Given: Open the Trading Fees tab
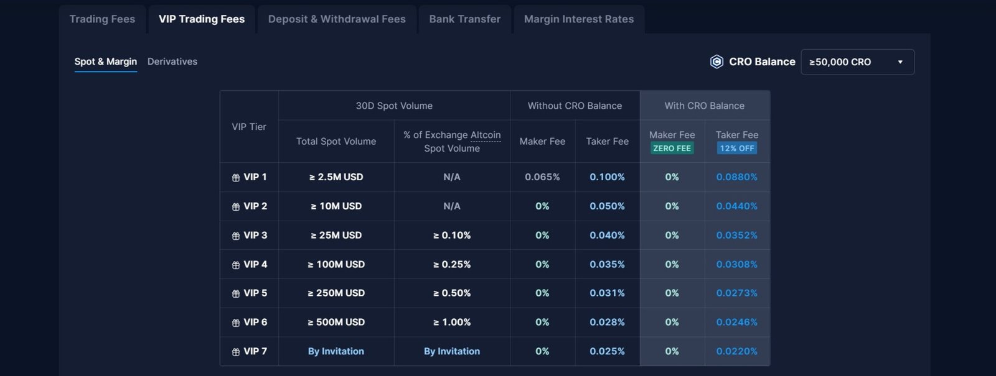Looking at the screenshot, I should point(102,19).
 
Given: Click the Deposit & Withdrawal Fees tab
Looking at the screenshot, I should point(337,19).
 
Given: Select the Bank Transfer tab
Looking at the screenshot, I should point(464,19).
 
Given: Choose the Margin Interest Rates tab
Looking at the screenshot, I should point(578,19).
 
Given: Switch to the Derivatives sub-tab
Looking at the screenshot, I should point(172,62).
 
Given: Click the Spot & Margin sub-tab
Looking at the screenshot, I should point(105,62).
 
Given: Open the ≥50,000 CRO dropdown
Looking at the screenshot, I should point(857,62).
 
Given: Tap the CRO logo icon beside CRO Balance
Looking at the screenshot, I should point(716,62).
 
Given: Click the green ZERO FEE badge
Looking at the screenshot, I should point(672,149).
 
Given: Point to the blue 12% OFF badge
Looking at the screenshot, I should point(737,149).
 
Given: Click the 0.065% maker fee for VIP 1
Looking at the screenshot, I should point(542,177).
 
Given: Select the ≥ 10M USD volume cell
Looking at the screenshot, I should point(336,206).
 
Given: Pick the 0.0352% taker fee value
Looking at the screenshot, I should point(736,236).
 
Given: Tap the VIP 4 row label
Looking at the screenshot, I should point(250,265).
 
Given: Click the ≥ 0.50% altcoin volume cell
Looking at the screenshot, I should point(452,293).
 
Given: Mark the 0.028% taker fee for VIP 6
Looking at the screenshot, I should point(607,323).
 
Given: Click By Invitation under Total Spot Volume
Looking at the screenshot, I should point(336,352).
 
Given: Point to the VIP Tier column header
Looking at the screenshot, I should point(249,127).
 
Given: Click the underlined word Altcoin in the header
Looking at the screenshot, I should point(486,135).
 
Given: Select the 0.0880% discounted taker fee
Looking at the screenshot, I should point(736,177).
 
